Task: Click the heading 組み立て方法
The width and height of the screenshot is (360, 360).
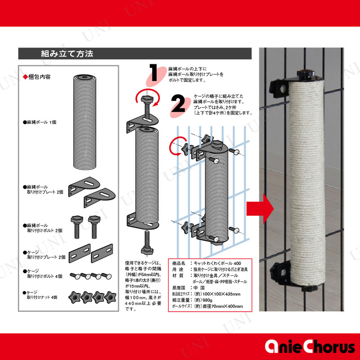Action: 67,54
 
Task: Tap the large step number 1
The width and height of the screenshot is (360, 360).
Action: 153,72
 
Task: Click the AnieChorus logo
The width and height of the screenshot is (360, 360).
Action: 310,346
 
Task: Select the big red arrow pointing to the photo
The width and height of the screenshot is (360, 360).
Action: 260,209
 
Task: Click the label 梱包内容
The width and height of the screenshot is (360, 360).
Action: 39,77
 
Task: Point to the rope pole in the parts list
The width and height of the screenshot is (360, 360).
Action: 85,122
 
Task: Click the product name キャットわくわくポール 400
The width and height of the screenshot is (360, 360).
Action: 217,263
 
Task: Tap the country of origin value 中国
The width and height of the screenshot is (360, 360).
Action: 199,288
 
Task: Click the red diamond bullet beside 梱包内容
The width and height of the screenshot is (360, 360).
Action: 25,77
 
